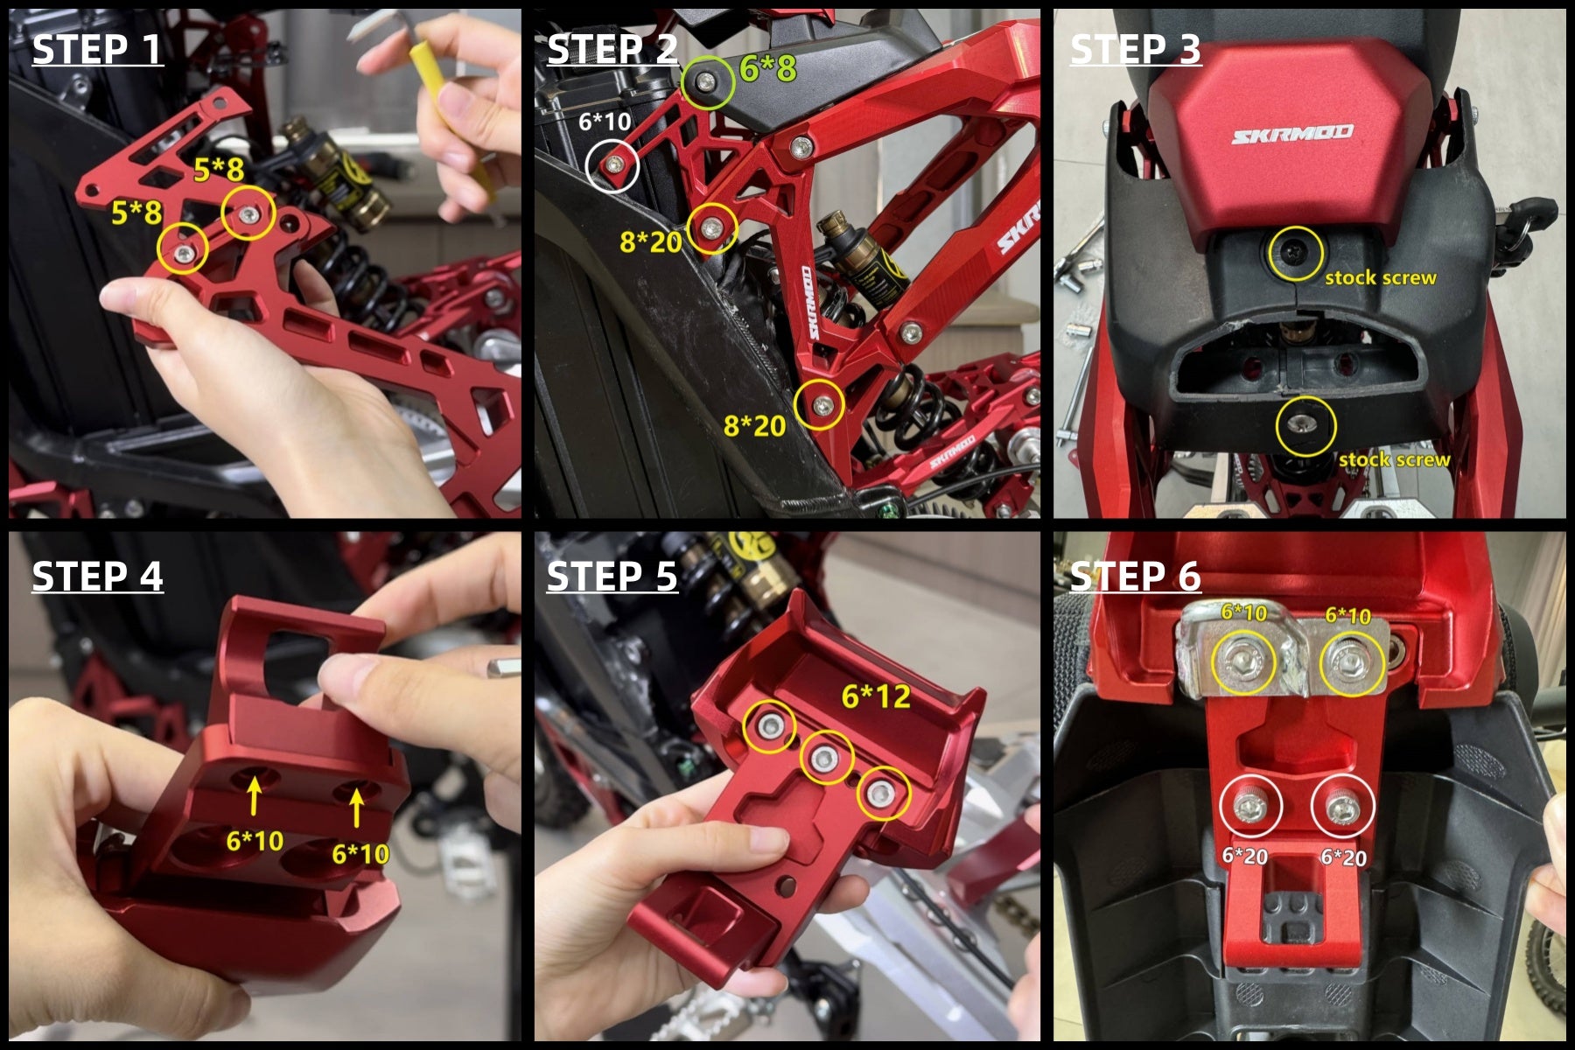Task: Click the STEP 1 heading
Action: coord(97,49)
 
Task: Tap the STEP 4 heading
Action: coord(97,577)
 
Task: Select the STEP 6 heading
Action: coord(1135,577)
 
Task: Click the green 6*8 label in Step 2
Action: coord(768,68)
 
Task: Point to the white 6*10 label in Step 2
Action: coord(605,121)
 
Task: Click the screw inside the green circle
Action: coord(706,80)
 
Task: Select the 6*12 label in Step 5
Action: coord(876,696)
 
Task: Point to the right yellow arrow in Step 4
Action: coord(356,806)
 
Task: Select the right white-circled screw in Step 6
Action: coord(1340,809)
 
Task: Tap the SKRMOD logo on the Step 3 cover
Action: coord(1292,134)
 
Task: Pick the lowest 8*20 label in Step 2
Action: coord(754,426)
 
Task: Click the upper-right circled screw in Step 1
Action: coord(249,213)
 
